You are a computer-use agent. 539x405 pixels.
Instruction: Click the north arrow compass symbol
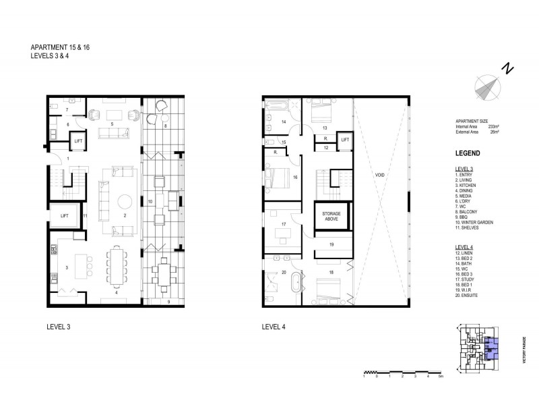(x=488, y=86)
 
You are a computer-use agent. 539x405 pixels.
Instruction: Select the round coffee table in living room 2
(x=125, y=201)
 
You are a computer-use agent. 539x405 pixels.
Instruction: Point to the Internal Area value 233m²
(x=493, y=126)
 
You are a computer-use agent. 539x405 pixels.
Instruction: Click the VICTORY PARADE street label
(x=522, y=351)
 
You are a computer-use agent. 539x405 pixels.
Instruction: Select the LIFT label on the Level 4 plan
(x=344, y=140)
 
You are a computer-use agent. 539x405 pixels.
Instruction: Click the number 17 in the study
(x=284, y=224)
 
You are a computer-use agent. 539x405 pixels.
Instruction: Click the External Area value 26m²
(x=494, y=132)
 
